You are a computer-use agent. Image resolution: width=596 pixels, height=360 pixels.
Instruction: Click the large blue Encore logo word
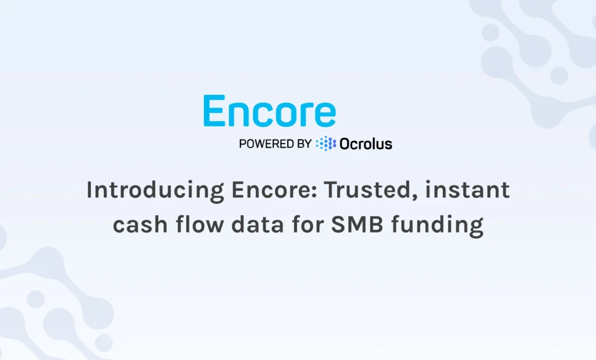pyautogui.click(x=269, y=112)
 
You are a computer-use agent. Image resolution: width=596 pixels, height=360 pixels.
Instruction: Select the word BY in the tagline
pyautogui.click(x=304, y=144)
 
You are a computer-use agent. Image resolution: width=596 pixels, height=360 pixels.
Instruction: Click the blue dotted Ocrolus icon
pyautogui.click(x=326, y=144)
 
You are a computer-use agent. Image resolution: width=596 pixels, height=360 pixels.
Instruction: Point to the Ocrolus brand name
pyautogui.click(x=366, y=144)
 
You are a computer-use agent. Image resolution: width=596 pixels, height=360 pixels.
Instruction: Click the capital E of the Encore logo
pyautogui.click(x=214, y=112)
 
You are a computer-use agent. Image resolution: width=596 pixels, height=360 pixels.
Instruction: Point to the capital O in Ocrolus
pyautogui.click(x=346, y=144)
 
